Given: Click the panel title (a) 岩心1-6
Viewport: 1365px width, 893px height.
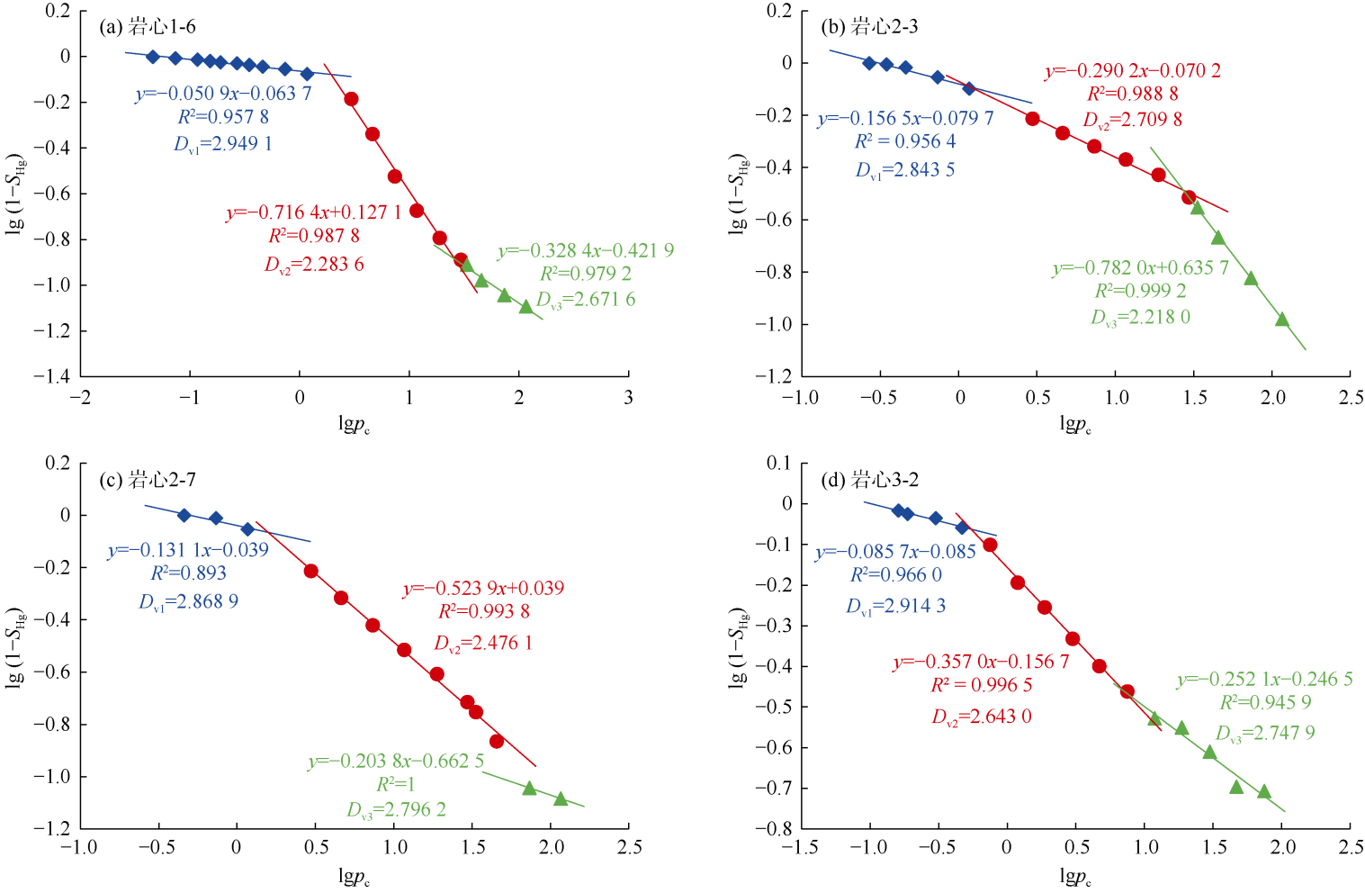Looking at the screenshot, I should click(x=147, y=27).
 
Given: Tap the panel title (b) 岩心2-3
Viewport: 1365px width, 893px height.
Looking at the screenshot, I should click(x=869, y=27).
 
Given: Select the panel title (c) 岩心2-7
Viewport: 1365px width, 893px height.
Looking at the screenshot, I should click(x=147, y=480).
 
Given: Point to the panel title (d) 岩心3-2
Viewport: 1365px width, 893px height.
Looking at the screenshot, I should click(x=869, y=480).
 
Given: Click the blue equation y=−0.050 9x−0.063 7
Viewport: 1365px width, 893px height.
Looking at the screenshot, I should click(x=223, y=93).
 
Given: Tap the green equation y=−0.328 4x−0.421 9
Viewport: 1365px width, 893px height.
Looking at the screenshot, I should click(x=585, y=251).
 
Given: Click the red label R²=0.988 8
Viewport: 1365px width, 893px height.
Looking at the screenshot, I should click(x=1132, y=94).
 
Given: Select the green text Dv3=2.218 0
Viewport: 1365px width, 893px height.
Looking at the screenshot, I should click(x=1140, y=317).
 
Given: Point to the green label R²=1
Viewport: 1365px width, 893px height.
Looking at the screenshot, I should click(x=396, y=784).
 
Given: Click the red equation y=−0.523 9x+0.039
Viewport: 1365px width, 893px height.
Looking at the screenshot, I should click(x=483, y=589).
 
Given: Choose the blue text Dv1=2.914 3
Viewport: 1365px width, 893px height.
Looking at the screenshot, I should click(x=895, y=606).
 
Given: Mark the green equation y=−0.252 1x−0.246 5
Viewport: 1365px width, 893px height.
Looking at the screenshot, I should click(x=1264, y=680).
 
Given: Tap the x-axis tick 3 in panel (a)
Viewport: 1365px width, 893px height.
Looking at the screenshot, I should click(x=628, y=398).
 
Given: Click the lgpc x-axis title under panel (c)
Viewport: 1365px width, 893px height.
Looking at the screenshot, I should click(x=354, y=876).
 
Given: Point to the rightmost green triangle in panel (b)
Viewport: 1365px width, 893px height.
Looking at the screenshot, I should click(x=1282, y=320).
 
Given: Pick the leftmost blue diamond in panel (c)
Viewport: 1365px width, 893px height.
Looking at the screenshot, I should click(x=184, y=516).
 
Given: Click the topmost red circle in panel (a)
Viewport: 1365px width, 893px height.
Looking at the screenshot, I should click(x=351, y=99).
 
